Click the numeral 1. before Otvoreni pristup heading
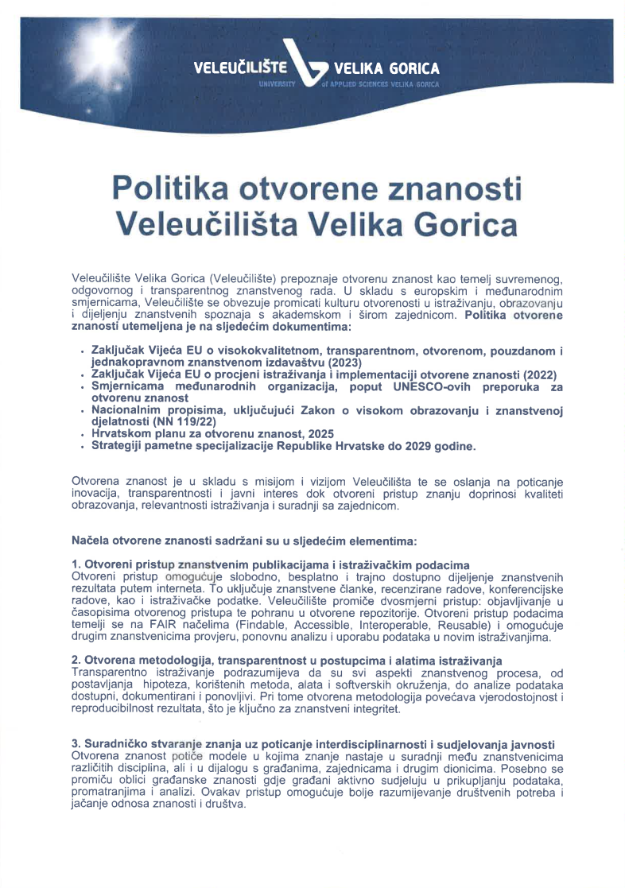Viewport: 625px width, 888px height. click(76, 564)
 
